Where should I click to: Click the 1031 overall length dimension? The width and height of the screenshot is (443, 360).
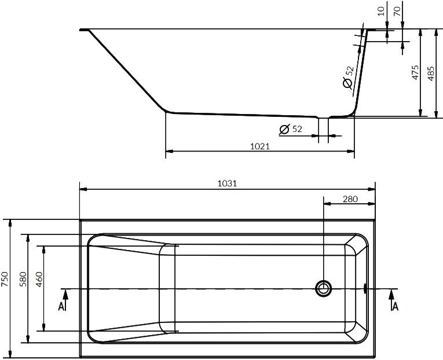227,183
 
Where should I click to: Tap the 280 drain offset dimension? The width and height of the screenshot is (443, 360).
350,199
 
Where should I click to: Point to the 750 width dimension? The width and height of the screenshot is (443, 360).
6,280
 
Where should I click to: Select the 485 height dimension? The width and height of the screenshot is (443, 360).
431,72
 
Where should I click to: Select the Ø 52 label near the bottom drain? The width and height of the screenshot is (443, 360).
291,129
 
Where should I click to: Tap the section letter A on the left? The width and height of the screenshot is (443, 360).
61,306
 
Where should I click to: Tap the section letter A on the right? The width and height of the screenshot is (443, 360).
395,306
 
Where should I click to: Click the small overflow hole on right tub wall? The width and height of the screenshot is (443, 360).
365,287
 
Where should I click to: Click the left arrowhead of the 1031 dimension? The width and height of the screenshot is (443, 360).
83,189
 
